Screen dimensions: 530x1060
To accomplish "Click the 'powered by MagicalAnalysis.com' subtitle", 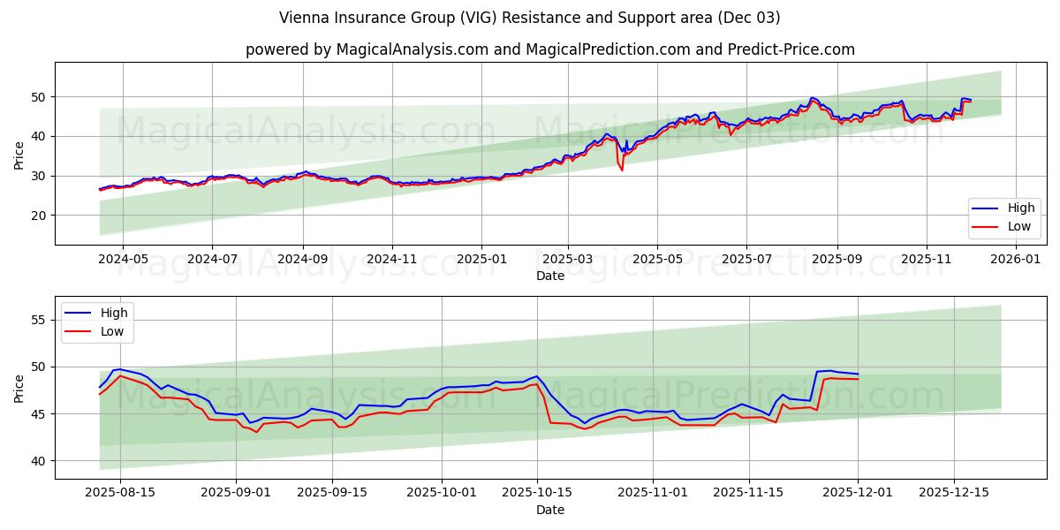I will tap(549, 49).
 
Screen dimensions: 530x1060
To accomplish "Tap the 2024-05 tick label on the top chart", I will tap(122, 259).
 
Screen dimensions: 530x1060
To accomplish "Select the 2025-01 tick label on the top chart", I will tap(481, 259).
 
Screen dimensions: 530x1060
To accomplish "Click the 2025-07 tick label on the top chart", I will tap(746, 259).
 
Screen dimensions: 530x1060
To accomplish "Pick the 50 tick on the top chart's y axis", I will tap(40, 96).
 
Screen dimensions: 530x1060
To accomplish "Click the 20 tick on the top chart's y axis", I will tap(40, 216).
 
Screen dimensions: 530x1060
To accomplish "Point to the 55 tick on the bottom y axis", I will tap(40, 320).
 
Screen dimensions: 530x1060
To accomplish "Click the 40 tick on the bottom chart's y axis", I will tap(40, 461).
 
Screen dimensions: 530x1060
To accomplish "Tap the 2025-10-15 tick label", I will tap(537, 493).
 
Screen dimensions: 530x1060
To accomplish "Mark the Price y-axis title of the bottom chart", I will tap(19, 388).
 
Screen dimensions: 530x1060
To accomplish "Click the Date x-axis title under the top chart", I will tap(549, 276).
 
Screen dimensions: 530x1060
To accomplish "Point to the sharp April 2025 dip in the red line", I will tap(622, 169).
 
